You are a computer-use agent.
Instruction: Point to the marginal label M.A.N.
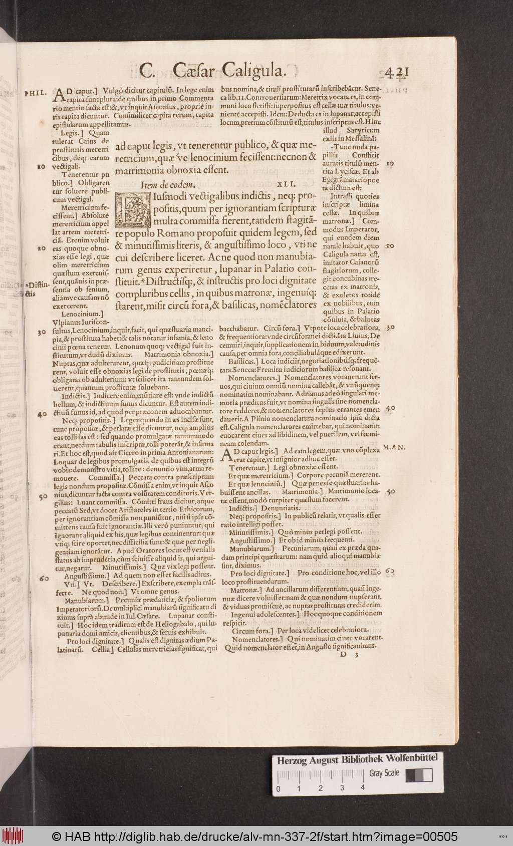(x=394, y=447)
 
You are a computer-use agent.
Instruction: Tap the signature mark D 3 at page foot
(x=349, y=654)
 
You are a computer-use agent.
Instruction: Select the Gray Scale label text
(x=384, y=773)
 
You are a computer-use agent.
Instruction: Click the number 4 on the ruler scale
(x=362, y=787)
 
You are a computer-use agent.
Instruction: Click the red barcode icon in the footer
(x=11, y=836)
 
